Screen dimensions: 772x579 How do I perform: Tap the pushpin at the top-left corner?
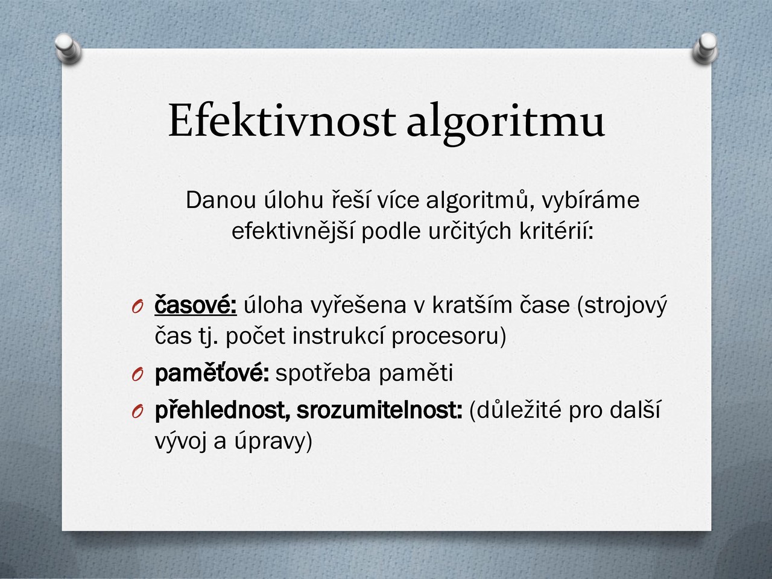pyautogui.click(x=68, y=48)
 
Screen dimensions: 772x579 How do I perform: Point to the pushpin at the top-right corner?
pyautogui.click(x=705, y=48)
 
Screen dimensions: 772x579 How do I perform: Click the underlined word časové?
pyautogui.click(x=195, y=305)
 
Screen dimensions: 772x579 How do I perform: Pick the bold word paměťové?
pyautogui.click(x=212, y=374)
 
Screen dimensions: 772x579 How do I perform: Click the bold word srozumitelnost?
pyautogui.click(x=379, y=410)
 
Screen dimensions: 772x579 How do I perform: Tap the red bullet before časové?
pyautogui.click(x=138, y=308)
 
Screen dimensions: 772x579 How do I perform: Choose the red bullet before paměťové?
pyautogui.click(x=138, y=375)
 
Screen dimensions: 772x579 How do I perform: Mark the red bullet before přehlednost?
pyautogui.click(x=138, y=411)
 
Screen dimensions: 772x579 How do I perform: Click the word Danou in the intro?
pyautogui.click(x=221, y=200)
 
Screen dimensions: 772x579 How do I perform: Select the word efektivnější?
pyautogui.click(x=293, y=232)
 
